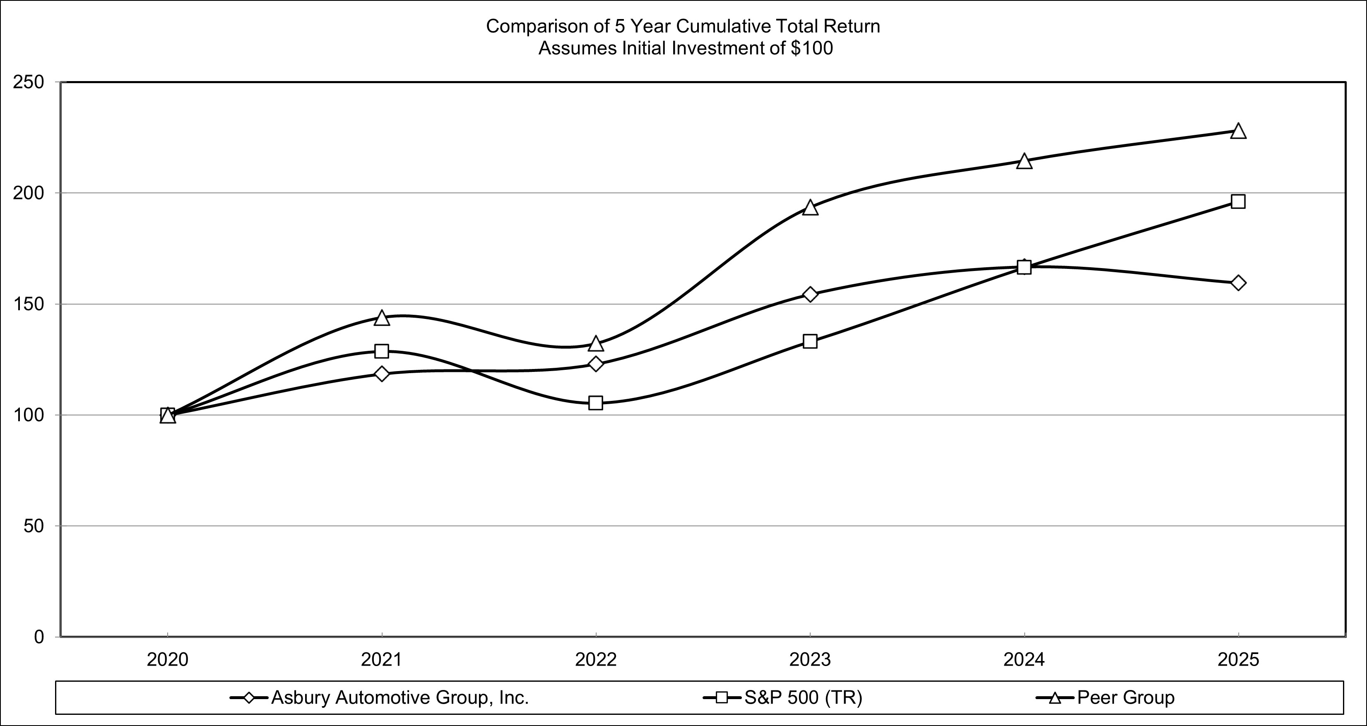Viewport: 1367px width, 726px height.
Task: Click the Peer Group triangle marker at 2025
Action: (1237, 132)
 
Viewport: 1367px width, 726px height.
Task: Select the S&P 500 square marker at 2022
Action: (595, 403)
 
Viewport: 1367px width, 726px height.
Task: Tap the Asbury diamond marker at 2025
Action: (1237, 283)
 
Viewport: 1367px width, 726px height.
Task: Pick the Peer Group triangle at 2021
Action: (382, 318)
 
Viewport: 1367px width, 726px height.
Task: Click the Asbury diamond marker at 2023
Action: (810, 294)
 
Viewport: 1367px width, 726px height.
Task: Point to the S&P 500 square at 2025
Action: (1237, 201)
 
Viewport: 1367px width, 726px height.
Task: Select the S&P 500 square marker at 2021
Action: (382, 351)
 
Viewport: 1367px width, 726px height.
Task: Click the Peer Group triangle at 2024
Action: (1024, 162)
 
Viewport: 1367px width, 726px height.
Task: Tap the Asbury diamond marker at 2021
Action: (382, 374)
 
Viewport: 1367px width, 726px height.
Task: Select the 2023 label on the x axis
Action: (810, 660)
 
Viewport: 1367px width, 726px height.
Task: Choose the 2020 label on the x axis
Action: (168, 660)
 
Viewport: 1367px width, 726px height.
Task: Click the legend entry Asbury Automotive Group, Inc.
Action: (399, 698)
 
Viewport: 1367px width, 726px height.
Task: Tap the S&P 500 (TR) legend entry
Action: (803, 698)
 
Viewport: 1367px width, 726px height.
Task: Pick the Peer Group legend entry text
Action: (1126, 698)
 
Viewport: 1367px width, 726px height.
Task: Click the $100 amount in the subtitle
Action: (811, 48)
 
